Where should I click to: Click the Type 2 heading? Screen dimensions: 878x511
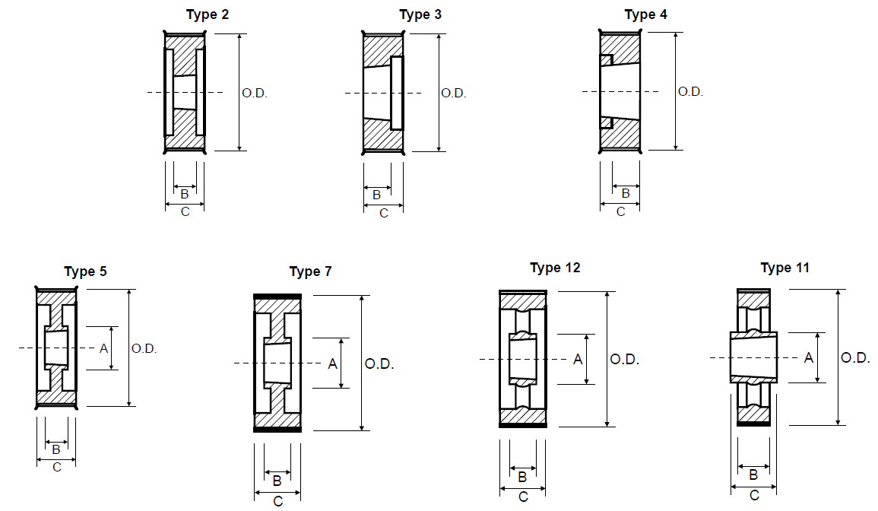pos(208,15)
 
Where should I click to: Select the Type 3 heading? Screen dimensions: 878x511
pos(420,15)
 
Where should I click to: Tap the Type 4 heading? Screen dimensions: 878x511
pos(645,15)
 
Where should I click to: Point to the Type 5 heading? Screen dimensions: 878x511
pos(85,271)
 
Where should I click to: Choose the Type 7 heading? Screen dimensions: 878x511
pos(310,271)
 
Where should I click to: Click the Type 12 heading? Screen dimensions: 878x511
pos(555,268)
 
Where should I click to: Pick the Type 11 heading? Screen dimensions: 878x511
pos(784,268)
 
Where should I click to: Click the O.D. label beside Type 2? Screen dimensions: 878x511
pos(254,93)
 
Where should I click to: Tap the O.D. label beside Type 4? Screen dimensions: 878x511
pos(690,92)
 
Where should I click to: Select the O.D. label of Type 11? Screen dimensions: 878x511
pos(855,357)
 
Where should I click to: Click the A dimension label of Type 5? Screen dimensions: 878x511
pos(103,348)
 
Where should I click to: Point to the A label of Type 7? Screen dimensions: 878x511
pos(333,364)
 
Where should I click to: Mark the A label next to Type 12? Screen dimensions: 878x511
pos(578,360)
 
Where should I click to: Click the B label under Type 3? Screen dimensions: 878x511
pos(376,195)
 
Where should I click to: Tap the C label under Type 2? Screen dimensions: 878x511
pos(185,212)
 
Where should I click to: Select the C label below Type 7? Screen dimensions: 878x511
pos(277,501)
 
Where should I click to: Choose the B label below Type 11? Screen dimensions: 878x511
pos(753,475)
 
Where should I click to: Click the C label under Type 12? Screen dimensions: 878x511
pos(523,497)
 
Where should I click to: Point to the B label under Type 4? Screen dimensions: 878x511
pos(626,193)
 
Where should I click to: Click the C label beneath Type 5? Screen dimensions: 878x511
pos(56,468)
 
